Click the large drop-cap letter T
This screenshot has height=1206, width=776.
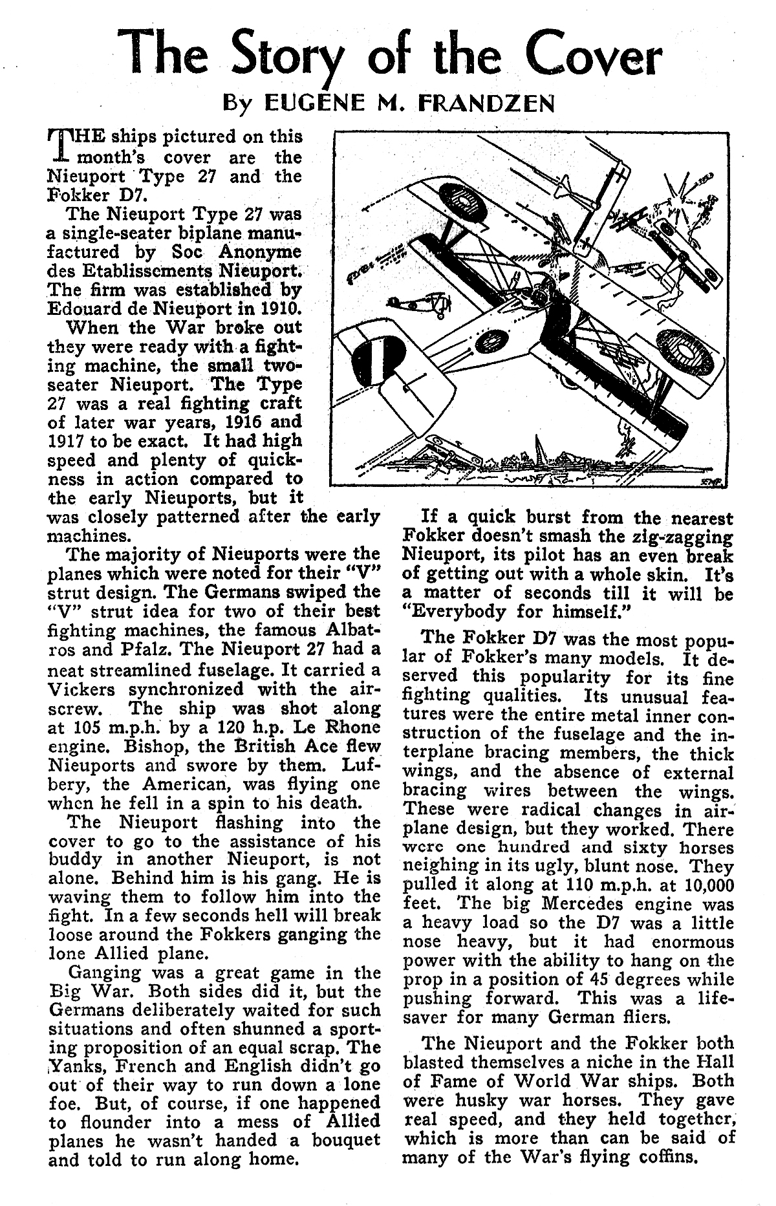(59, 146)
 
